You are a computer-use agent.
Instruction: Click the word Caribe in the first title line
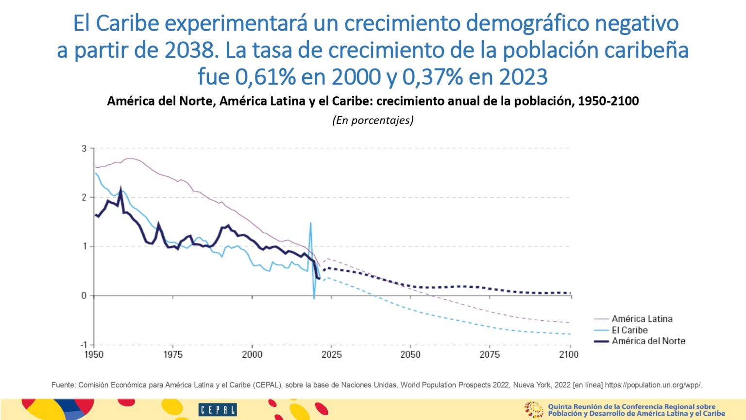[x=127, y=23]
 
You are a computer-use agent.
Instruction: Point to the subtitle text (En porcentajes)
[x=373, y=120]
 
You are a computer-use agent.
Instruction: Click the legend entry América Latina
[x=642, y=319]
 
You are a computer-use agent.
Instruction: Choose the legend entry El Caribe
[x=629, y=330]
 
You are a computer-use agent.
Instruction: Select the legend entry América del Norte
[x=648, y=341]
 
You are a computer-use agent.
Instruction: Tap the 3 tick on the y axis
[x=84, y=148]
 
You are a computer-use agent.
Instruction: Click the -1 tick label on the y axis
[x=83, y=345]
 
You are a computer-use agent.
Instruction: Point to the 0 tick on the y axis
[x=84, y=296]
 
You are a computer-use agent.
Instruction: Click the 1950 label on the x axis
[x=94, y=355]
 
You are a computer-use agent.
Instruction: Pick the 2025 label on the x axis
[x=331, y=355]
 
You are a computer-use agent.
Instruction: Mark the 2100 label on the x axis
[x=569, y=355]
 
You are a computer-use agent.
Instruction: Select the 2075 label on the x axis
[x=490, y=355]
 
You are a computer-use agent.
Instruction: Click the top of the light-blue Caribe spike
[x=310, y=223]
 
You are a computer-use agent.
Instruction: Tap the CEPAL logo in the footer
[x=217, y=410]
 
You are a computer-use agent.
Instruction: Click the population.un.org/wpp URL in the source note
[x=653, y=385]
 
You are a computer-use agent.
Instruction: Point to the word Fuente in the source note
[x=63, y=385]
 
